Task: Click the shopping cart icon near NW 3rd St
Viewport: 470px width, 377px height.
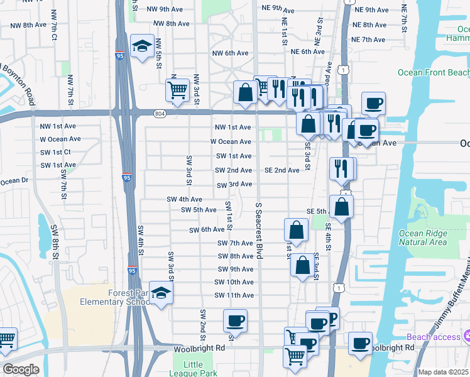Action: tap(177, 90)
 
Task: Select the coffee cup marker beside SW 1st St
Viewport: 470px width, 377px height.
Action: tap(236, 320)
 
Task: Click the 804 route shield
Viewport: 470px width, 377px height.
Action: tap(160, 113)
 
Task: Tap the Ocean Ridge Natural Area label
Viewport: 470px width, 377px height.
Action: tap(423, 238)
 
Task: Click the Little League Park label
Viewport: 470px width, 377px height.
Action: tap(194, 369)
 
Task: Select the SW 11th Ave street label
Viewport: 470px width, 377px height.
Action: tap(234, 295)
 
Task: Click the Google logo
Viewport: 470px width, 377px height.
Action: tap(21, 369)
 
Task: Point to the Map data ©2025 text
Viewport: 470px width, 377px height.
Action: tap(443, 372)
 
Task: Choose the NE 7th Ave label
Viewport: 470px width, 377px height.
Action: tap(369, 40)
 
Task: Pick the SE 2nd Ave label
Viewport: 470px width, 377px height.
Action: tap(281, 170)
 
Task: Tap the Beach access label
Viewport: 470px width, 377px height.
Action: tap(438, 337)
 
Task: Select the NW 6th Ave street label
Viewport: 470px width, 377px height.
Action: tap(231, 53)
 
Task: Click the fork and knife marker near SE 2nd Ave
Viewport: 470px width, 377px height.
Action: tap(341, 168)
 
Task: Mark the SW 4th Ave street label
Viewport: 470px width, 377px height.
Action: tap(184, 199)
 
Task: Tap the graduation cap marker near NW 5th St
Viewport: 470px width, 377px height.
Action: tap(142, 45)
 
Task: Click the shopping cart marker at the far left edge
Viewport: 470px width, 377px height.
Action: tap(6, 339)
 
